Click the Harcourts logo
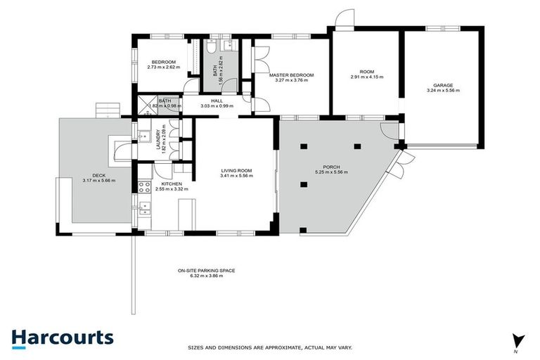62,337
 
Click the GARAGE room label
443,86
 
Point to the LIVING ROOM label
236,171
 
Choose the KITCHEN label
162,184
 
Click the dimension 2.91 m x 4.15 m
367,77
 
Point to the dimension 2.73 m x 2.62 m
164,67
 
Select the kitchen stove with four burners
143,188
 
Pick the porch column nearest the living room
302,184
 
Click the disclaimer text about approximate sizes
269,347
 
